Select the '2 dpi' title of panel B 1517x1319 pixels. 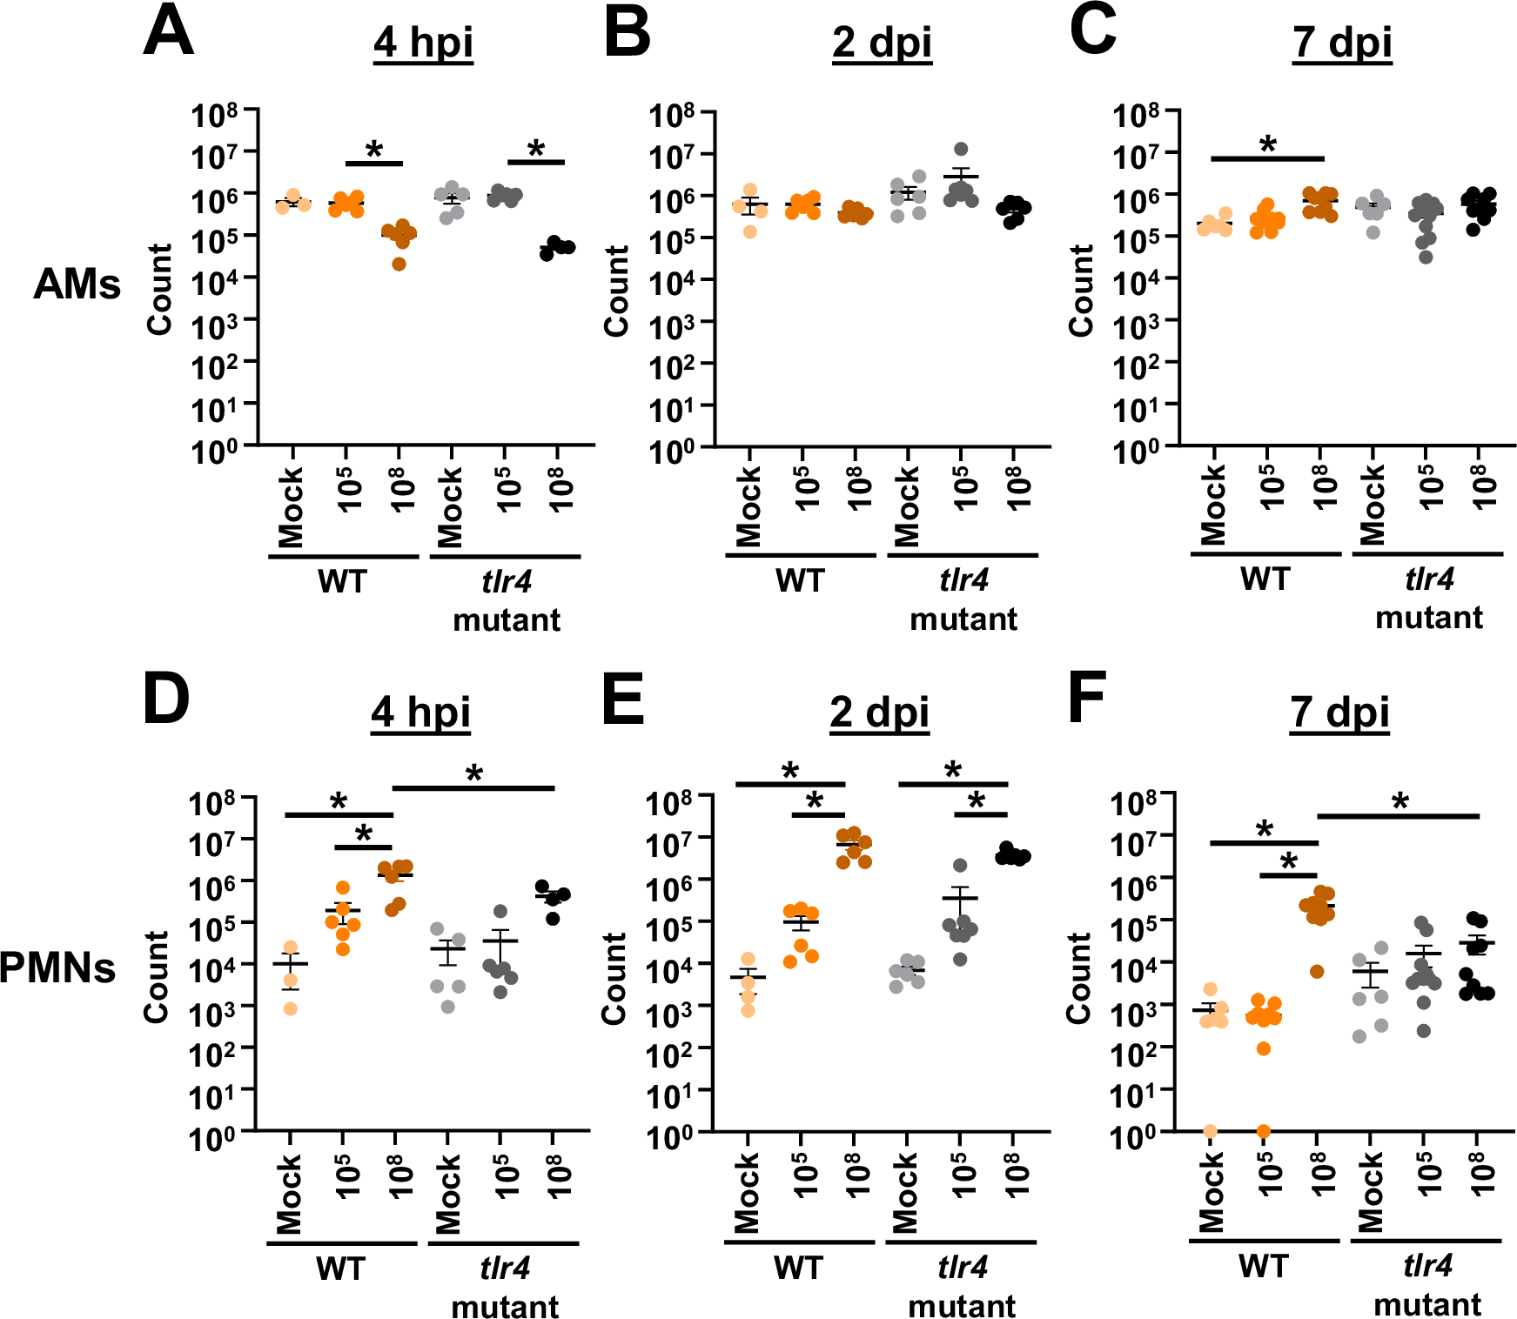882,43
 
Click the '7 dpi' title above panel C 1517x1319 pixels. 1342,43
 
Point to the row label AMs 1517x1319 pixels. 77,285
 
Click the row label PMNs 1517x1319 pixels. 57,967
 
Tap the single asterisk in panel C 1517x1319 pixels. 1268,145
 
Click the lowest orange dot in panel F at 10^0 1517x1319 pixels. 1264,1131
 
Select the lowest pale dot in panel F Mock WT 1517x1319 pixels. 1210,1131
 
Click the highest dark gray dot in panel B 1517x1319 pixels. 961,150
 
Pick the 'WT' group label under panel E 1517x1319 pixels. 798,1268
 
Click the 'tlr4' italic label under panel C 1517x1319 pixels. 1428,579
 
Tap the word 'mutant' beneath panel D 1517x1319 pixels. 505,1306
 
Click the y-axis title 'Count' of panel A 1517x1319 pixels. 159,289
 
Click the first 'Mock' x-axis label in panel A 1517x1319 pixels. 291,507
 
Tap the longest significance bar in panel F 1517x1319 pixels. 1399,816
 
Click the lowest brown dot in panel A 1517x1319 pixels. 399,264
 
